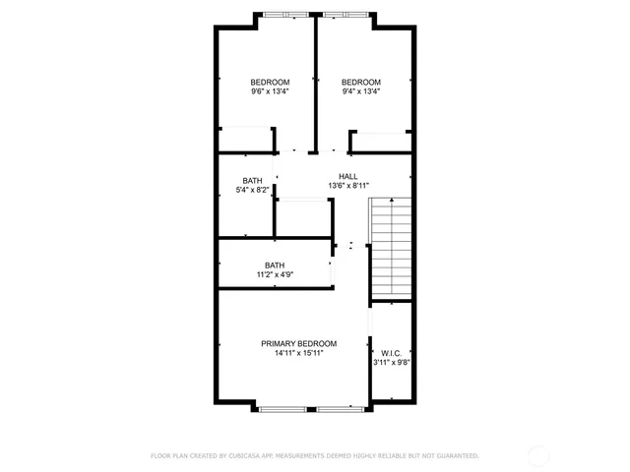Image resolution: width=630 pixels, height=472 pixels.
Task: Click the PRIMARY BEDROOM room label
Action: click(x=298, y=343)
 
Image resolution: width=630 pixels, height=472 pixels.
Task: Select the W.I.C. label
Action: click(x=391, y=352)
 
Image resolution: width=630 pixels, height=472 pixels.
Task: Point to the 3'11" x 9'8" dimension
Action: click(x=391, y=362)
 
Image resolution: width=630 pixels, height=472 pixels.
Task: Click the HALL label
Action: click(x=347, y=176)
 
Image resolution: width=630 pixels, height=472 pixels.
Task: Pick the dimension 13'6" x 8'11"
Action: click(x=347, y=186)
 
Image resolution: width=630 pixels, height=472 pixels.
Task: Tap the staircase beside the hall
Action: click(x=391, y=248)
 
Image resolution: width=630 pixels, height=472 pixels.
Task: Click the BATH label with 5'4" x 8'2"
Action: click(x=253, y=181)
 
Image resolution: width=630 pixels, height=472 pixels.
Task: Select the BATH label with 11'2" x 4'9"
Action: click(x=275, y=265)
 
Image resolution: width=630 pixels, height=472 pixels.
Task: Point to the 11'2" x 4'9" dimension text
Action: click(x=275, y=275)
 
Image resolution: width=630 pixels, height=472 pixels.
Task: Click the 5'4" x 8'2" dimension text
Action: click(x=253, y=191)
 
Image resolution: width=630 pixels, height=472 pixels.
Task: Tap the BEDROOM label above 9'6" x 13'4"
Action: click(x=269, y=82)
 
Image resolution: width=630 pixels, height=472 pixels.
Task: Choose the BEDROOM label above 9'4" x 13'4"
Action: click(x=361, y=82)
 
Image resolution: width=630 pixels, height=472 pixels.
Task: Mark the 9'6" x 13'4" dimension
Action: click(x=269, y=91)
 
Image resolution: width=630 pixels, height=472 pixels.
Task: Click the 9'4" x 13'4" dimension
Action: click(x=361, y=91)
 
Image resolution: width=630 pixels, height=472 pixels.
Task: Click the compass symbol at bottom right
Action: click(x=537, y=454)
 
